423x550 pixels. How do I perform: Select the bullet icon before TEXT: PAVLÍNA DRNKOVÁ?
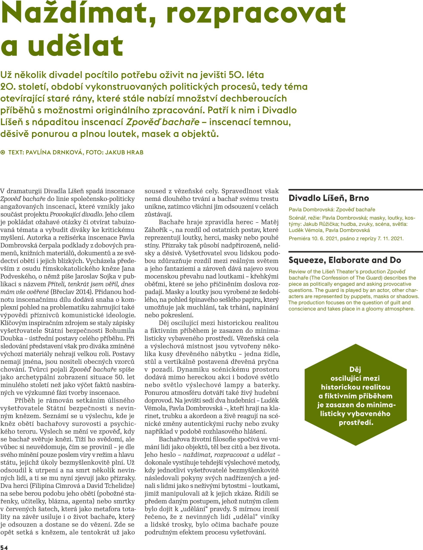coord(3,152)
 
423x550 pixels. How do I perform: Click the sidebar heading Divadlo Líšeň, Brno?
coord(328,198)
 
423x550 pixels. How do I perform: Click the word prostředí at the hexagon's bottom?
coord(356,422)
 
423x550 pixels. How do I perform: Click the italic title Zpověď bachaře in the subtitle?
coord(163,122)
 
